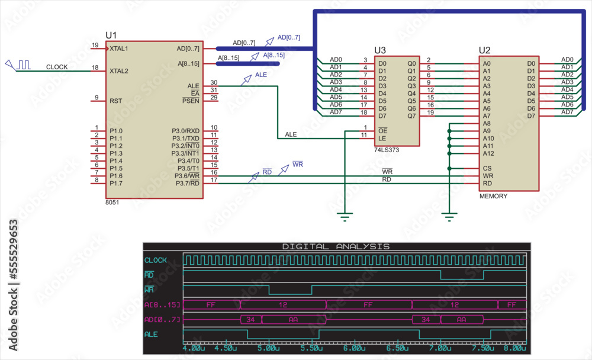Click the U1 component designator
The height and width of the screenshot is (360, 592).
[x=111, y=35]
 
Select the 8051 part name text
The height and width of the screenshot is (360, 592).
[x=112, y=202]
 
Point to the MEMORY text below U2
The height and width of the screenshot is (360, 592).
[x=493, y=196]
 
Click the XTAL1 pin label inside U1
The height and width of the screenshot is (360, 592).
[x=119, y=49]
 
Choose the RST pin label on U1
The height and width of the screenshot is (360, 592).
[x=115, y=101]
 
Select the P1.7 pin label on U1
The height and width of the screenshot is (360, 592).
[x=116, y=184]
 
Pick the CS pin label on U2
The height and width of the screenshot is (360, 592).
[x=487, y=169]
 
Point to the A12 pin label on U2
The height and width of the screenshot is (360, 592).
[x=488, y=153]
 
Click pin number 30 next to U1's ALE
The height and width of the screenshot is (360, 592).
[x=214, y=83]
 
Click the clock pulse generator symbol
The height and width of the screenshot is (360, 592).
[x=18, y=65]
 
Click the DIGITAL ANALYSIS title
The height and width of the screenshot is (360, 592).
[x=336, y=246]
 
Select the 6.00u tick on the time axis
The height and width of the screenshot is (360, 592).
[x=354, y=348]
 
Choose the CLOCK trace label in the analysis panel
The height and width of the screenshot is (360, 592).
[x=156, y=260]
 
